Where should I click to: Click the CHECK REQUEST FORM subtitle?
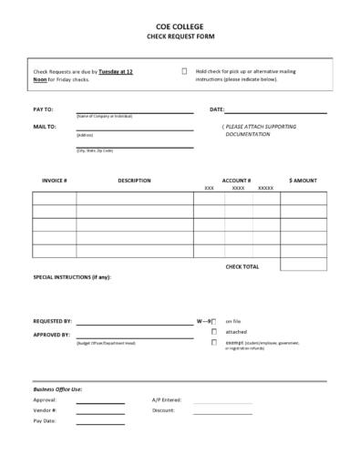pos(179,39)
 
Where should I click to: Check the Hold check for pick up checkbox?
pos(184,70)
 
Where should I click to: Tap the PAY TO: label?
pos(44,109)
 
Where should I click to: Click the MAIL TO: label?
pos(45,127)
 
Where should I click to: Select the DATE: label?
pos(217,109)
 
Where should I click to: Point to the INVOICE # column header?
pos(55,181)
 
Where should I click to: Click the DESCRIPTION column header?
pos(134,181)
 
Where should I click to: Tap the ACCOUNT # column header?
pos(236,181)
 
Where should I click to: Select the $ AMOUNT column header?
pos(303,181)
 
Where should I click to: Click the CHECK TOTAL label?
pos(242,266)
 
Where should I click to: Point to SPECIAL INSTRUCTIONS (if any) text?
pos(72,276)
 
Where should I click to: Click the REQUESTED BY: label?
pos(53,321)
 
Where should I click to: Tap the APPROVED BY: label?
pos(52,335)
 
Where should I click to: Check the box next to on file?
pos(214,322)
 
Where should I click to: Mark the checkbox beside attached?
pos(214,332)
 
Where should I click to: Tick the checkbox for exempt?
pos(214,343)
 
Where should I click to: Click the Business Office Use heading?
pos(57,389)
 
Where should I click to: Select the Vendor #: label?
pos(46,410)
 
